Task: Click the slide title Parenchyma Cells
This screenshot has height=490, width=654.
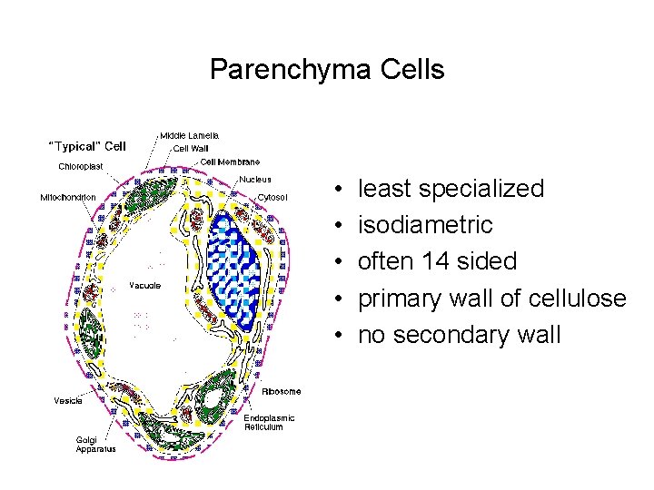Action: [x=327, y=69]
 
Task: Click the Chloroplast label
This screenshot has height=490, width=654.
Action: [x=81, y=166]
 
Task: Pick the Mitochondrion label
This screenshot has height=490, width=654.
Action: [x=68, y=196]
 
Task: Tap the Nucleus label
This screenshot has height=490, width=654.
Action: [x=255, y=179]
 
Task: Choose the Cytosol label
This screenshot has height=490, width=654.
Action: [x=272, y=196]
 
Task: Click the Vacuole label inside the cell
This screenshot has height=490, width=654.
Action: [x=144, y=285]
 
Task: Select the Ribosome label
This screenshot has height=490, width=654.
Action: [x=281, y=392]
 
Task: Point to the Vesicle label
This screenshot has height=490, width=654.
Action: [x=68, y=400]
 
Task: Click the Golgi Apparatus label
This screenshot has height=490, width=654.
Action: [x=94, y=446]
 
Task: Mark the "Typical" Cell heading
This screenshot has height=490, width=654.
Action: [x=86, y=145]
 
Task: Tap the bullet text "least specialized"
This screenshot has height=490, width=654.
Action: [x=451, y=189]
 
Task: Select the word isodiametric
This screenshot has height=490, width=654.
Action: [x=425, y=225]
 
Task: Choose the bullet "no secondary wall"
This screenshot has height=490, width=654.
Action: [x=459, y=334]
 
